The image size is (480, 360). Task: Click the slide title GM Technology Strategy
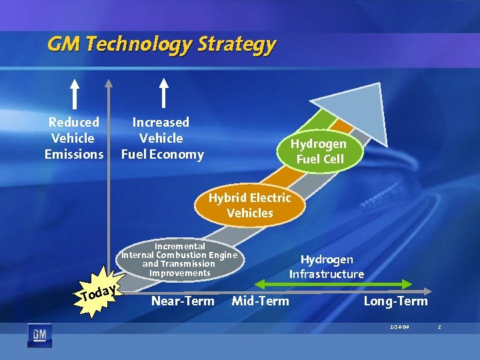coord(161,44)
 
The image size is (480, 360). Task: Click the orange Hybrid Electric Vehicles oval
coord(249,205)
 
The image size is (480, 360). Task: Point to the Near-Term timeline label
coord(183,301)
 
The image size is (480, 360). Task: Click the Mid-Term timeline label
coord(260,301)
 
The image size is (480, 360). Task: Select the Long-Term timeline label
coord(395,301)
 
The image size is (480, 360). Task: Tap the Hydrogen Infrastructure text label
coord(327,267)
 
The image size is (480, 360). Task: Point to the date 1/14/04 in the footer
coord(399,327)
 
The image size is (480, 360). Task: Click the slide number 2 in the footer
coord(439,327)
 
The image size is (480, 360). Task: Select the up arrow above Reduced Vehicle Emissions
coord(75,94)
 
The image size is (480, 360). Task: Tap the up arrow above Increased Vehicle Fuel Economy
coord(162,94)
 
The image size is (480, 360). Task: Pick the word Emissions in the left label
coord(74,155)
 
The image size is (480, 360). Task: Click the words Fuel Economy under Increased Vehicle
coord(162,155)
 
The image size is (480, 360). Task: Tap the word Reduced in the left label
coord(74,122)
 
